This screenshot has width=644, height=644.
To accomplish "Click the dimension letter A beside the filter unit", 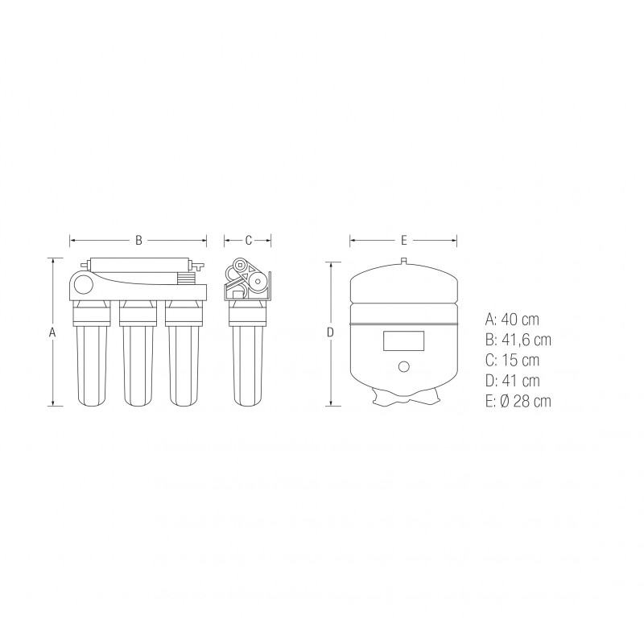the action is [52, 332].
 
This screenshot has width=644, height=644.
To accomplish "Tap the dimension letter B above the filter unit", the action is [138, 240].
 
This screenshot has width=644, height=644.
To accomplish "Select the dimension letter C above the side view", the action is [248, 240].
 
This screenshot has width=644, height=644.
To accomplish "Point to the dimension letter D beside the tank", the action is [330, 332].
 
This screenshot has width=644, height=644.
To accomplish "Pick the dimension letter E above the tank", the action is [404, 240].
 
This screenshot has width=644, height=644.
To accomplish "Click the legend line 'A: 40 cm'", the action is [512, 320].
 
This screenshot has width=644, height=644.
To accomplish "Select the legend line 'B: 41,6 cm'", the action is [518, 340].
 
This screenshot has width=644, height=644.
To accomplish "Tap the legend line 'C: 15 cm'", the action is [512, 360].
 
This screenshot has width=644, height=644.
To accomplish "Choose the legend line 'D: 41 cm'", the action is [512, 381].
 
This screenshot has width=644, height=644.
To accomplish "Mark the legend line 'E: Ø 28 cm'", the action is [518, 401].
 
